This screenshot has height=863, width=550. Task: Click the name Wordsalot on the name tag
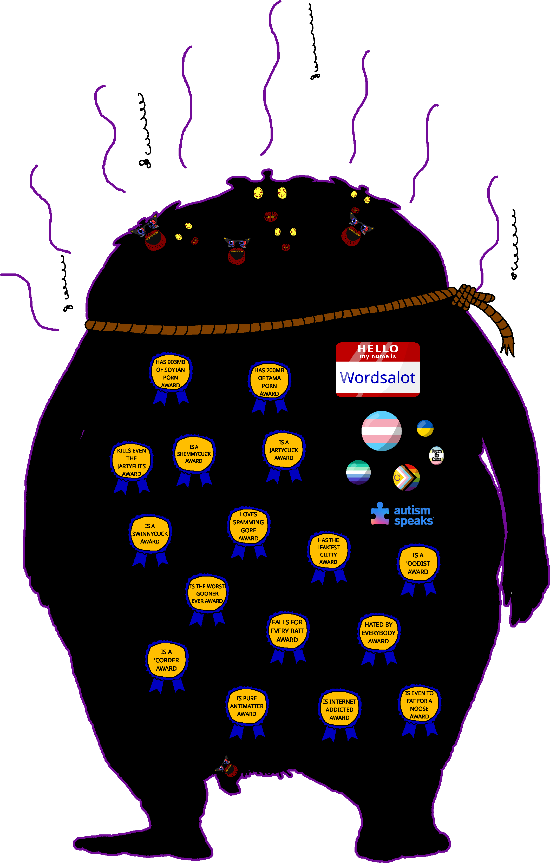click(378, 378)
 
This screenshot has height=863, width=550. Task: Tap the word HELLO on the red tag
click(378, 348)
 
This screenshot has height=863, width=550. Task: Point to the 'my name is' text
click(378, 357)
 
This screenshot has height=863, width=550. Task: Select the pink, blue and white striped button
click(381, 431)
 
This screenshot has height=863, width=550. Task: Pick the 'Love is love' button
click(436, 455)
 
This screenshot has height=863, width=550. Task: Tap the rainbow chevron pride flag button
click(406, 477)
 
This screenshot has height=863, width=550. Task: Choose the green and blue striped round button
click(358, 472)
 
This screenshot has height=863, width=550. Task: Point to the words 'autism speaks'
click(413, 515)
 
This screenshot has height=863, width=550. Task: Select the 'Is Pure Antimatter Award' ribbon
click(247, 706)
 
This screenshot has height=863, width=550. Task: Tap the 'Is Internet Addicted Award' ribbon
click(339, 710)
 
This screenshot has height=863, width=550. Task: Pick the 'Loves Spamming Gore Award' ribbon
click(248, 526)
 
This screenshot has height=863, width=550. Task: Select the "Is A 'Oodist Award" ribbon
click(418, 563)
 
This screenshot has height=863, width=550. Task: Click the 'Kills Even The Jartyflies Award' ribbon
click(132, 462)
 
